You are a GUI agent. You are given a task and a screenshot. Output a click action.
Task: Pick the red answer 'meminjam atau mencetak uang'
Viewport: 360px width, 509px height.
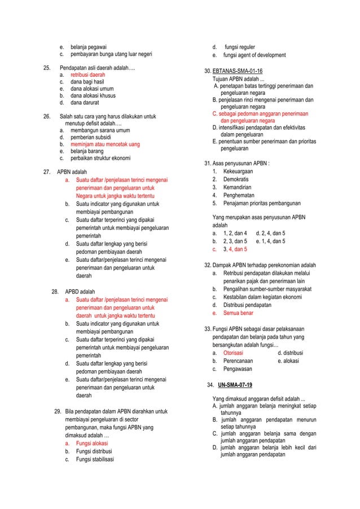click(x=105, y=144)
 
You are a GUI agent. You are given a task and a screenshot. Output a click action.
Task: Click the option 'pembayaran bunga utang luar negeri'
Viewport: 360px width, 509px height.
click(x=111, y=55)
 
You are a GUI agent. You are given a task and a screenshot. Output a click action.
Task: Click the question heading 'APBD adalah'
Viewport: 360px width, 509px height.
click(x=80, y=292)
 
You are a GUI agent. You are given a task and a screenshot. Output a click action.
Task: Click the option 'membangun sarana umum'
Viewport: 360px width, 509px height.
click(x=100, y=130)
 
